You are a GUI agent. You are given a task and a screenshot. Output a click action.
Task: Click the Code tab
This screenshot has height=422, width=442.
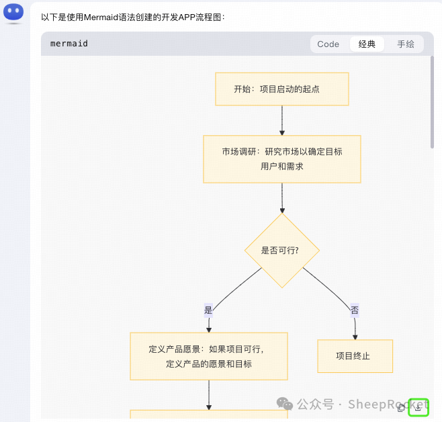coord(328,44)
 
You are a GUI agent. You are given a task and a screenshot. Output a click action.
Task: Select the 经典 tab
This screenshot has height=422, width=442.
coord(367,44)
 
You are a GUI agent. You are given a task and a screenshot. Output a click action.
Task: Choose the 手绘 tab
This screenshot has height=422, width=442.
coord(406,44)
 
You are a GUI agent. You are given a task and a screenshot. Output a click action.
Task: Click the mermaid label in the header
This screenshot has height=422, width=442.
coord(69,44)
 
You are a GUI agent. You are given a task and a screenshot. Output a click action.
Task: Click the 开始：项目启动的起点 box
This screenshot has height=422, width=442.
coord(281,89)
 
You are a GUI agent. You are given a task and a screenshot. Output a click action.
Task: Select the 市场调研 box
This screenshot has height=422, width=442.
coord(281,159)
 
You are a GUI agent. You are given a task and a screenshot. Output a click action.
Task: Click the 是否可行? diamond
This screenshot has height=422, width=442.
coord(281,250)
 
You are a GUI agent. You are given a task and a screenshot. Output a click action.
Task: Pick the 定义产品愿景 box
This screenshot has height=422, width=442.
coord(208,356)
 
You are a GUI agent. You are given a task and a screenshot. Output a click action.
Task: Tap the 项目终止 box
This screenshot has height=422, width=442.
coord(354,356)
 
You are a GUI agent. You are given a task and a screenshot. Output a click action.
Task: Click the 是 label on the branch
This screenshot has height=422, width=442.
coord(208,310)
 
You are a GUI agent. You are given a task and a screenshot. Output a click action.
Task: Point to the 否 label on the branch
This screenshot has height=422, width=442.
coord(354,310)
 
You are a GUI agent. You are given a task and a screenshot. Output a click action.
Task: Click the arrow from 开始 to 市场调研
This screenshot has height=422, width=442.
coord(282,120)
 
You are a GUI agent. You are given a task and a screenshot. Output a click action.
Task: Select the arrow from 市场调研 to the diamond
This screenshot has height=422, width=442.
coord(282,198)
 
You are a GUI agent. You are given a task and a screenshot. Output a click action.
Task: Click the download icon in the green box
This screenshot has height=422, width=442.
coord(418,407)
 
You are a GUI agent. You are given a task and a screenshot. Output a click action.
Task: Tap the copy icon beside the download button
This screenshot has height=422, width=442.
coord(402,407)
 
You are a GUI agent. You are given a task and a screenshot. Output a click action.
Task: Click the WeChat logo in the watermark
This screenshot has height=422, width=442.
coord(286,404)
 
